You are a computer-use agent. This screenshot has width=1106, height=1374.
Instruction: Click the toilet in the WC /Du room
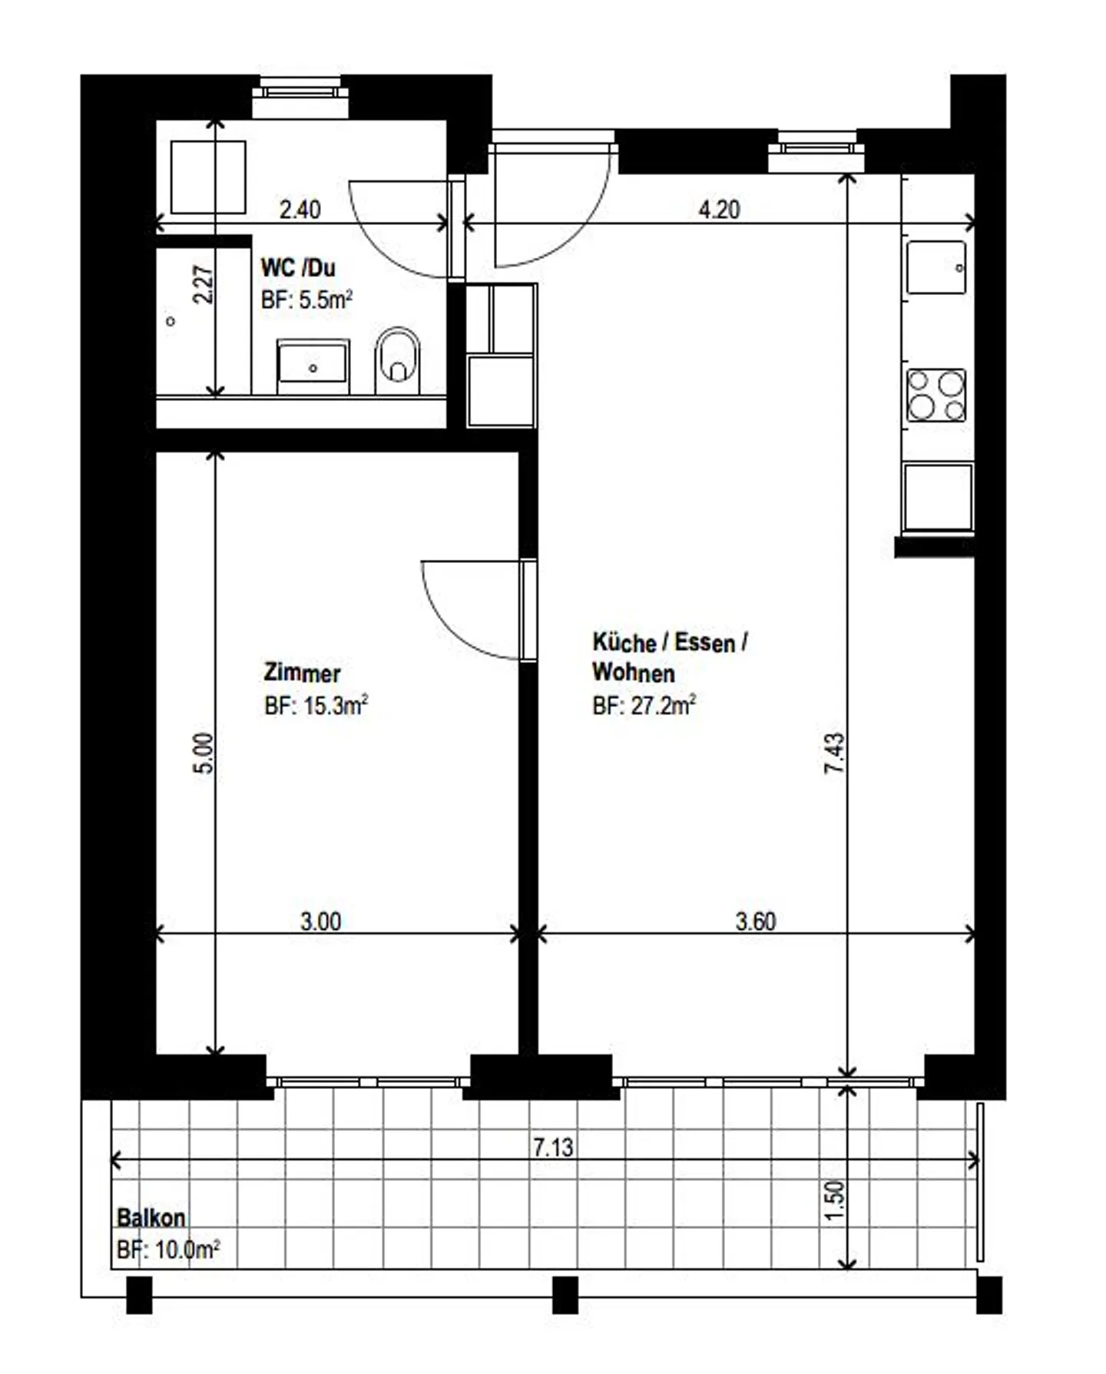(x=397, y=361)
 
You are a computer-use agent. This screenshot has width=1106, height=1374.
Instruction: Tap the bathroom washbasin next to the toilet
(x=313, y=366)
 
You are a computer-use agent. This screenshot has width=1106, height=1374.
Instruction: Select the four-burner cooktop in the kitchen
(x=936, y=395)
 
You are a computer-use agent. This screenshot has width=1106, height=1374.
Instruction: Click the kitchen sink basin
(x=936, y=267)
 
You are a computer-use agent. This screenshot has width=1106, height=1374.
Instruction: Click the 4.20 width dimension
(x=719, y=209)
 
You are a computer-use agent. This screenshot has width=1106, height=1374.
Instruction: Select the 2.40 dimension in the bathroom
(x=300, y=209)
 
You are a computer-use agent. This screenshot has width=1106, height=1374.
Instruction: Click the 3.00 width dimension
(x=320, y=921)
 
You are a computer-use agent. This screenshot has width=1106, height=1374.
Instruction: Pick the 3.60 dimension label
(x=756, y=921)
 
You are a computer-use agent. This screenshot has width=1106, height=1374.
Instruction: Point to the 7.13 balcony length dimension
(x=553, y=1147)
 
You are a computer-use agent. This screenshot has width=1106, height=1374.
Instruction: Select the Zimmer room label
(x=302, y=673)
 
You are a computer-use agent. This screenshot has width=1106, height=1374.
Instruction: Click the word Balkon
(x=151, y=1217)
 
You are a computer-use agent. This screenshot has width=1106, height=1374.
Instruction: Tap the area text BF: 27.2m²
(x=644, y=705)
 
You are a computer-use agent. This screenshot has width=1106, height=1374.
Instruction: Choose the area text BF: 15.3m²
(x=316, y=705)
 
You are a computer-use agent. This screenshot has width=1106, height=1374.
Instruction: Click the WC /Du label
(x=298, y=267)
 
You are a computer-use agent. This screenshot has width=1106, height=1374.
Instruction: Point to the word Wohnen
(x=634, y=673)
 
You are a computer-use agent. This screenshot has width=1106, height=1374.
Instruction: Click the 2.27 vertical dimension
(x=203, y=284)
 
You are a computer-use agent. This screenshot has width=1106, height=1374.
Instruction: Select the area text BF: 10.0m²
(x=168, y=1250)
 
